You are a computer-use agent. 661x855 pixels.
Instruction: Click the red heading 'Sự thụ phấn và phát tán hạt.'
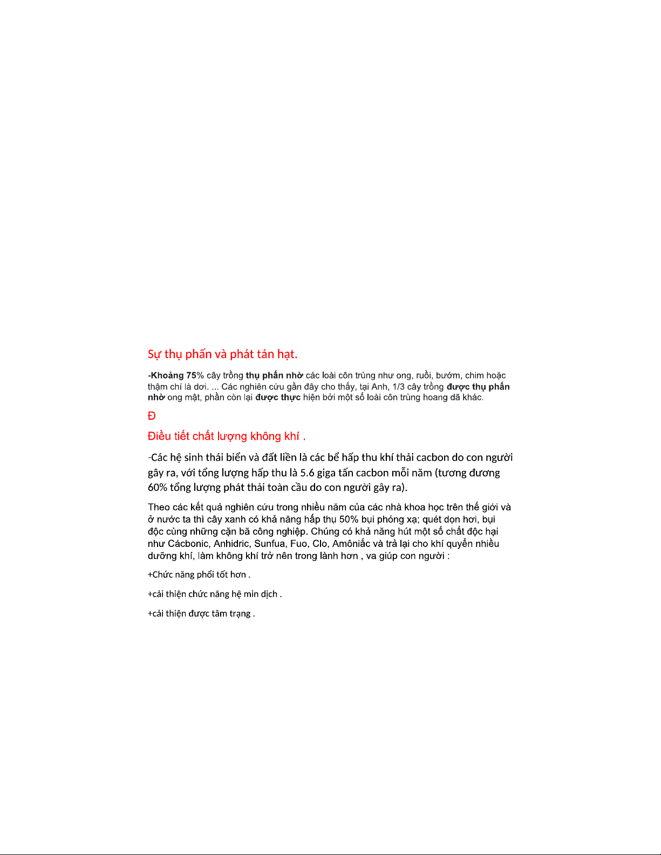coord(222,354)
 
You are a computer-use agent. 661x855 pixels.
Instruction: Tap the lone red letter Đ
coord(152,416)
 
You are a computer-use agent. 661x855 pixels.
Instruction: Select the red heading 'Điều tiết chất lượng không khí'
coord(227,436)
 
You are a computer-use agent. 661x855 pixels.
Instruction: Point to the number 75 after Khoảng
coord(192,375)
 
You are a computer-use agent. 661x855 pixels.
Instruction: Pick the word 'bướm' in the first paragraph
coord(448,375)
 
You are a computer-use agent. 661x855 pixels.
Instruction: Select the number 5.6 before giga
coord(307,473)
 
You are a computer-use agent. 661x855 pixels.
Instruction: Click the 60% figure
coord(158,488)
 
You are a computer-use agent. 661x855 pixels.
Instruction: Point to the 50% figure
coord(349,519)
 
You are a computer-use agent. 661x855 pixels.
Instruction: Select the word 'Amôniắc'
coord(351,544)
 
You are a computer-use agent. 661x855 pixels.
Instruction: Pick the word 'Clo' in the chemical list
coord(320,544)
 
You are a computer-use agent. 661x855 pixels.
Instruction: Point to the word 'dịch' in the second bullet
coord(269,594)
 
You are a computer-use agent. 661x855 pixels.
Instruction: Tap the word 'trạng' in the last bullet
coord(240,614)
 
